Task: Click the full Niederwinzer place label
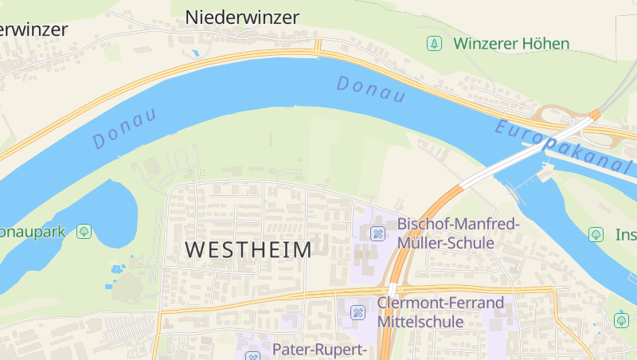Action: coord(242,17)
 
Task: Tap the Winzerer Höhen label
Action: coord(512,43)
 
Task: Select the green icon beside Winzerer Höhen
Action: coord(434,43)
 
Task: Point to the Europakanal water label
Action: coord(562,147)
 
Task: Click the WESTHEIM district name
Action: coord(248,249)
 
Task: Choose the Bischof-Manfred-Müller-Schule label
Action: coord(458,233)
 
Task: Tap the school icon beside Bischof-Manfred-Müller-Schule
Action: coord(378,233)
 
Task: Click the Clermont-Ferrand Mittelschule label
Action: coord(440,312)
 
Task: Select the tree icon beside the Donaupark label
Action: coord(83,232)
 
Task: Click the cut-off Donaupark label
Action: coord(32,232)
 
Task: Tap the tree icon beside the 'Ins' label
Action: coord(595,235)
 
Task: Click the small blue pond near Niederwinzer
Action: coord(195,53)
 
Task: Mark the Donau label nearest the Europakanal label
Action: coord(370,88)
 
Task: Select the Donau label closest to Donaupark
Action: coord(124,127)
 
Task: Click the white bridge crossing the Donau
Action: coord(518,158)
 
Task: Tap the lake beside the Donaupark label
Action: coord(111,211)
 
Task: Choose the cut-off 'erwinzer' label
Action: coord(33,29)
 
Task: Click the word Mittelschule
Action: coord(420,322)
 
